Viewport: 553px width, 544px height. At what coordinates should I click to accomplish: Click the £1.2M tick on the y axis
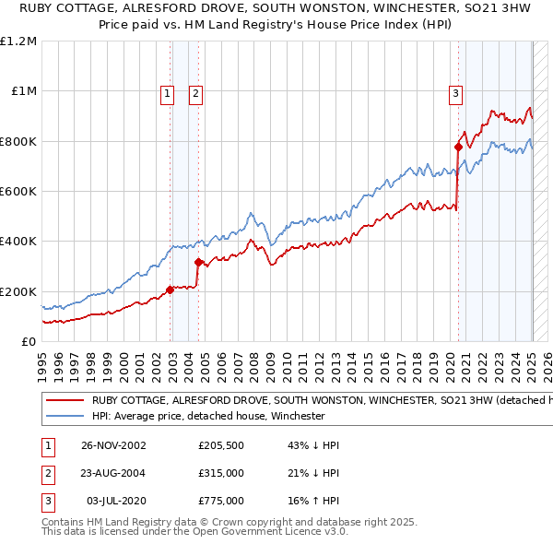pos(19,41)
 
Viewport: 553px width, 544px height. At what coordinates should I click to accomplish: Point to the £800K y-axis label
pos(18,141)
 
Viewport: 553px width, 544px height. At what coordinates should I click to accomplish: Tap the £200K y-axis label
pos(18,291)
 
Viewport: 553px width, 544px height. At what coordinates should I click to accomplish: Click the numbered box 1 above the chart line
pos(167,92)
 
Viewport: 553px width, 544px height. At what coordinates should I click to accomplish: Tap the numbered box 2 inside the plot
pos(196,92)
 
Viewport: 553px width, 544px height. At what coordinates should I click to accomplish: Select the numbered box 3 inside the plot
pos(455,92)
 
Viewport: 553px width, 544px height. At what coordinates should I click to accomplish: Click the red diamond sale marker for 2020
pos(458,147)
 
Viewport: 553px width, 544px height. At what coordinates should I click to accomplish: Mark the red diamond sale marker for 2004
pos(198,262)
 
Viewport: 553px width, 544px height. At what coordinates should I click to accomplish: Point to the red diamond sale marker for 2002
pos(171,290)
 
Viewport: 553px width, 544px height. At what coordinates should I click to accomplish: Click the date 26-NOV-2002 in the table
pos(113,445)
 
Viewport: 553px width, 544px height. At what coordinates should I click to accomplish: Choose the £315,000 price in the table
pos(221,473)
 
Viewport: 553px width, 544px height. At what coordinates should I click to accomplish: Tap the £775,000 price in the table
pos(221,501)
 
